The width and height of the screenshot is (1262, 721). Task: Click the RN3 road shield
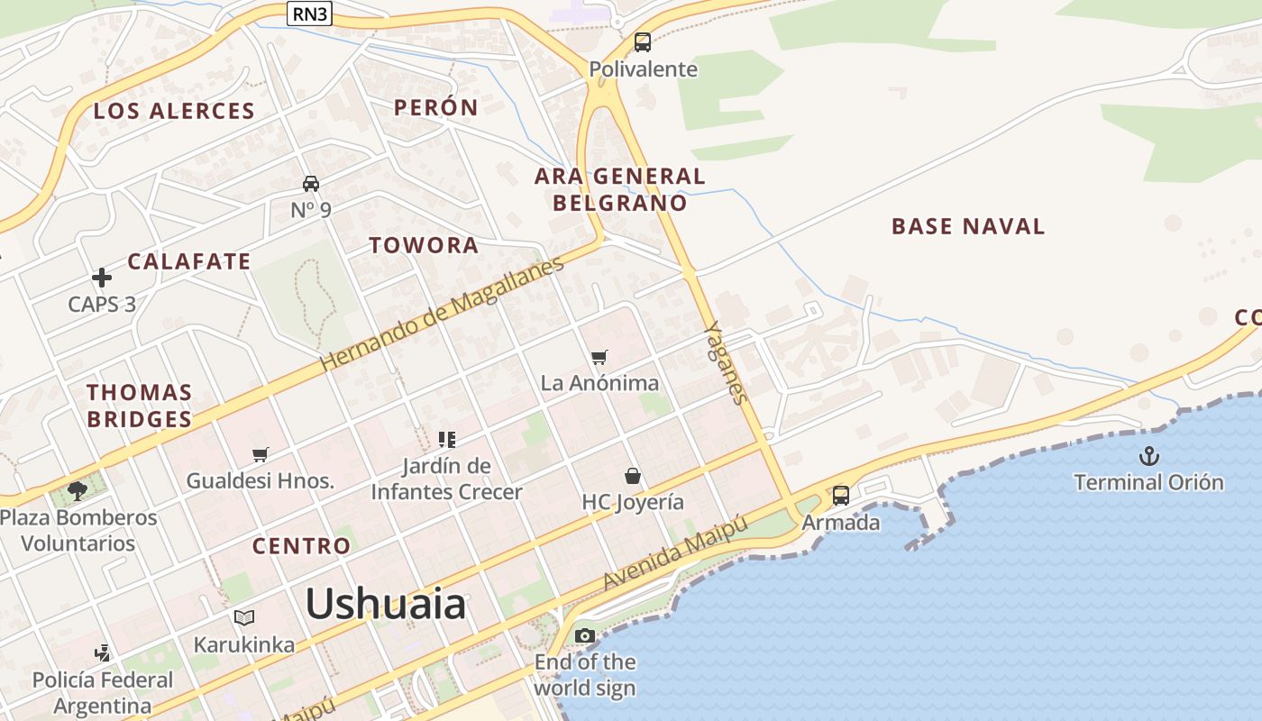[308, 14]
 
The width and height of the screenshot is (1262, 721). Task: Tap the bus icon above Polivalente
[643, 41]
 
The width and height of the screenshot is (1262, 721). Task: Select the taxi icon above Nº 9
[311, 184]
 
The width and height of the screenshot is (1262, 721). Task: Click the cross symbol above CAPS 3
[102, 278]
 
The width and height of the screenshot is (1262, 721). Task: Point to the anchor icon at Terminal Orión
[1148, 456]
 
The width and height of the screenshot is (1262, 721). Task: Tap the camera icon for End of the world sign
[585, 636]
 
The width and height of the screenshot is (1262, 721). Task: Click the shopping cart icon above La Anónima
[599, 358]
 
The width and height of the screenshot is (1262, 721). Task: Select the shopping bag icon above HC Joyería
[633, 476]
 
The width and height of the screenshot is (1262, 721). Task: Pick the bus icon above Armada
[841, 495]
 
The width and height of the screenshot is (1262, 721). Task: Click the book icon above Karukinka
[244, 618]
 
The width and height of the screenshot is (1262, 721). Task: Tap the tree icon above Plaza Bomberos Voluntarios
[78, 491]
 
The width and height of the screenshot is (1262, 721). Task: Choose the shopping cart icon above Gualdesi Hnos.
[261, 455]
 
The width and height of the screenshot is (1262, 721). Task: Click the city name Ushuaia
[386, 603]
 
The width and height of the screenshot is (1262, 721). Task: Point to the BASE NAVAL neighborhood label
[968, 226]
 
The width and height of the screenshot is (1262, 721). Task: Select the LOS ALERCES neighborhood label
[175, 111]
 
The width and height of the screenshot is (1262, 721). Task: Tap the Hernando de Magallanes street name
[442, 314]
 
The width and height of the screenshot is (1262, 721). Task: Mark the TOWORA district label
[424, 245]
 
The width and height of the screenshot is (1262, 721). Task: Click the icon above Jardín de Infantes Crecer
[447, 440]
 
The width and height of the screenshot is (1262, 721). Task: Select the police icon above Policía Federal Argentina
[104, 653]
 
